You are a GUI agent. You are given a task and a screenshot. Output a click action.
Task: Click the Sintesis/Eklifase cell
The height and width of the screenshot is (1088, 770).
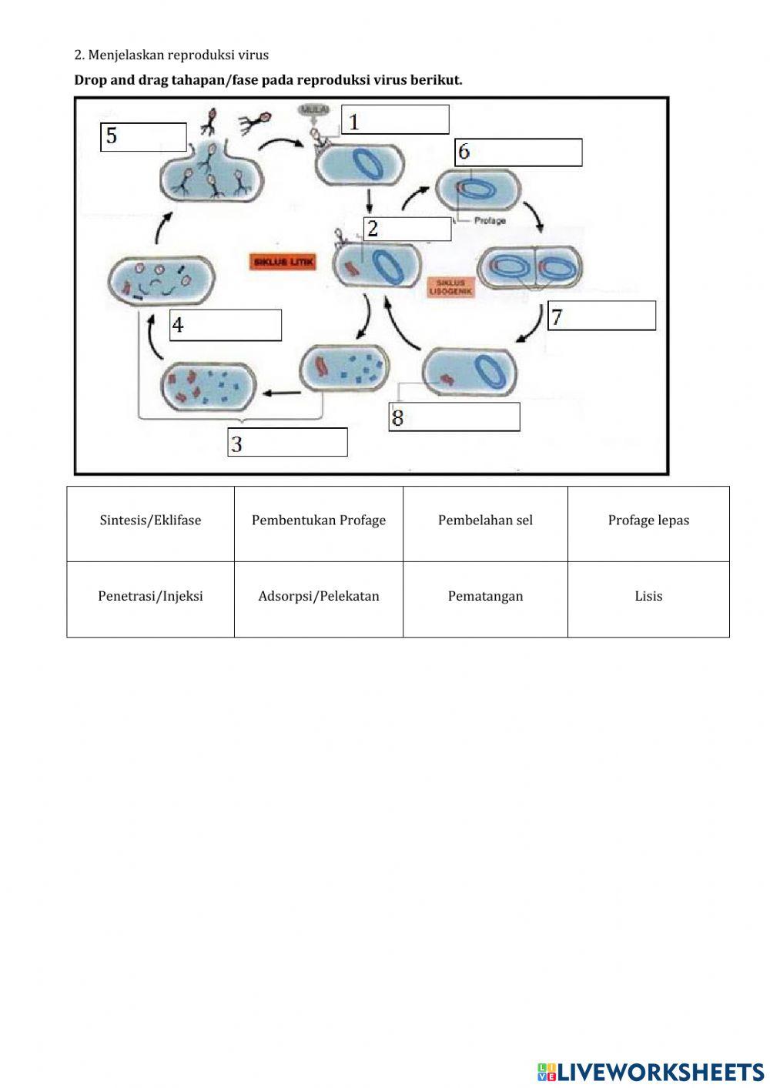150,521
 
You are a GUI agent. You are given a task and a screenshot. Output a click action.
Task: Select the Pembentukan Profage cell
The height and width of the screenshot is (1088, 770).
318,521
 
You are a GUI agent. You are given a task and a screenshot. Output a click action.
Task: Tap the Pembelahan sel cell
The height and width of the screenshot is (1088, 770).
485,521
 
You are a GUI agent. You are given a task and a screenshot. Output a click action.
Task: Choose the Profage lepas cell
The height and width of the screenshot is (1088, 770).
648,521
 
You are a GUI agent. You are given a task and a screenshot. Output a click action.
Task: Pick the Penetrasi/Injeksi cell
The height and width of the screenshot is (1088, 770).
150,597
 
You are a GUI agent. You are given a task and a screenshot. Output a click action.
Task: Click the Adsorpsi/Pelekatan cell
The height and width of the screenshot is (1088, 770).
318,597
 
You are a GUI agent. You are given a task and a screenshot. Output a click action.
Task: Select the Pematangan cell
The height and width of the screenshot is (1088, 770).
485,597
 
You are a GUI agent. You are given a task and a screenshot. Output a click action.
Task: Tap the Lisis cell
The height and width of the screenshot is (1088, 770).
648,597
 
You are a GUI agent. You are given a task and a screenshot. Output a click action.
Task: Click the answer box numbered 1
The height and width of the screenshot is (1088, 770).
395,120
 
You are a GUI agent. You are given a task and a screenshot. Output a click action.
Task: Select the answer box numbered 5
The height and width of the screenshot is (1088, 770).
144,137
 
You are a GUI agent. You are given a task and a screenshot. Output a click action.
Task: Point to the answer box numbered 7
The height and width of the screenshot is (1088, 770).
601,316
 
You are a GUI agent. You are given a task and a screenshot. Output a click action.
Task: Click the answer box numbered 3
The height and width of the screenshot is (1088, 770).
287,443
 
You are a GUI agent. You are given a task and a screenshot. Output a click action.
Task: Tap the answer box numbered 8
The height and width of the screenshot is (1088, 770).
454,417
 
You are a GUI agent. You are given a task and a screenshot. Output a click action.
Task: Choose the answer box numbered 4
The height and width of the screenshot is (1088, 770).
226,325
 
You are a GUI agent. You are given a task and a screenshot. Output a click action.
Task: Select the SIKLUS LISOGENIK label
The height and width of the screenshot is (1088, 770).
450,287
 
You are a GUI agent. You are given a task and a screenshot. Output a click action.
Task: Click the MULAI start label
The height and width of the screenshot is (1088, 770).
314,111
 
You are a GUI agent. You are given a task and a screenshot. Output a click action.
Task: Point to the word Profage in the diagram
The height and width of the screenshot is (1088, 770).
490,221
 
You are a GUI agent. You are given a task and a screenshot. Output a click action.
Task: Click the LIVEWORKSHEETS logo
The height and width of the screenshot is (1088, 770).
651,1071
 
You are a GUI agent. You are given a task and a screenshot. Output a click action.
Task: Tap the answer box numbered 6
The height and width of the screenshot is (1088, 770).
518,152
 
